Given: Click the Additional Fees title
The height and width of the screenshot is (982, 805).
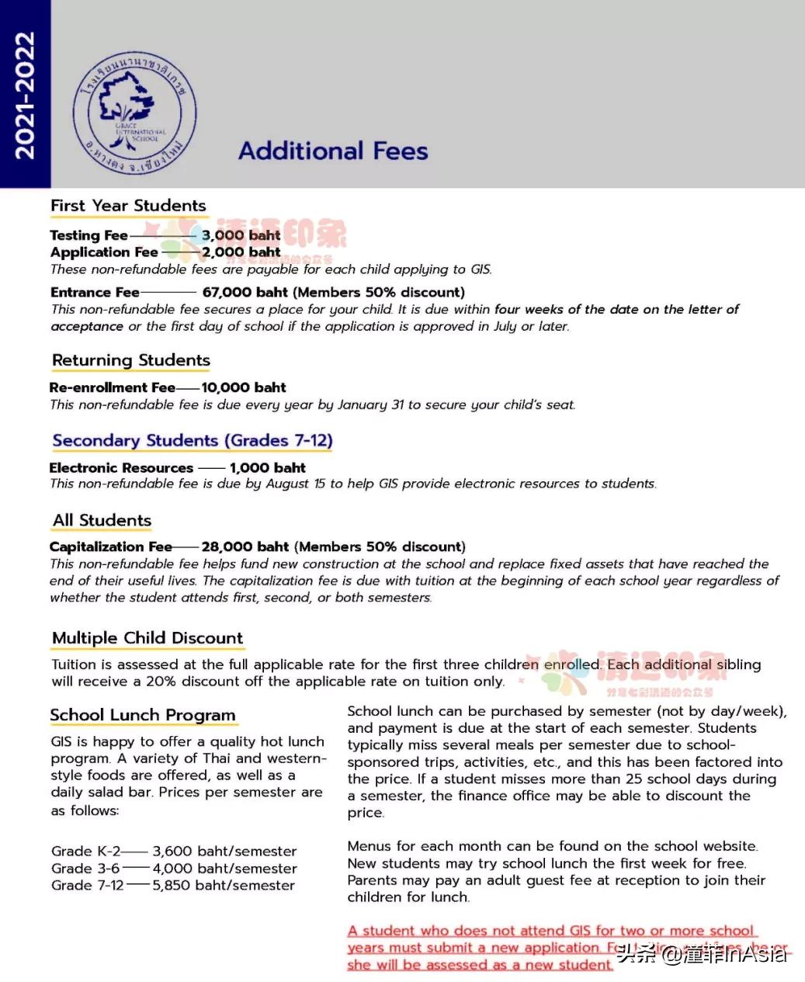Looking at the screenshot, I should (x=333, y=151).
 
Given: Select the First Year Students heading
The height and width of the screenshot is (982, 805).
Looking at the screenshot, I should (x=129, y=206).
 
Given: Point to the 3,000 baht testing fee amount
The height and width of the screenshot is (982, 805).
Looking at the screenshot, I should (x=241, y=235).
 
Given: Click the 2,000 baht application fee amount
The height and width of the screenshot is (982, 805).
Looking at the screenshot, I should (x=241, y=252).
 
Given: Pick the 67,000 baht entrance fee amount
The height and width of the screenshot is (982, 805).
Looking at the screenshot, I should (x=245, y=293).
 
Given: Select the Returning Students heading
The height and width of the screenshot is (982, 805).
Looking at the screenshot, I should (x=131, y=360).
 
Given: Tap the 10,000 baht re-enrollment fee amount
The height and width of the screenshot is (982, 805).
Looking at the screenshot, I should (x=244, y=387).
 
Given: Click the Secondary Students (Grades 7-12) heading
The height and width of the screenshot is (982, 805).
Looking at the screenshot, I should (x=193, y=440).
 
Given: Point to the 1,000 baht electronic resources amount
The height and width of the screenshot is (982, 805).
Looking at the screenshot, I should (x=268, y=467).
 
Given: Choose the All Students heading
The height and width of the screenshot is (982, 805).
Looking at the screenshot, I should (x=102, y=520).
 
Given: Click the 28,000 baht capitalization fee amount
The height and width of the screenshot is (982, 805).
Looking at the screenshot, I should (x=245, y=547).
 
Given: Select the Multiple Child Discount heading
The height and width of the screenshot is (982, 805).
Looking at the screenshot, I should (x=147, y=638).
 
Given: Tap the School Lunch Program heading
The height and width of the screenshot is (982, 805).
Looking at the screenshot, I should (x=143, y=715).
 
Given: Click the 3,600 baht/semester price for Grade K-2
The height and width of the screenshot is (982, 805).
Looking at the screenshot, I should (x=224, y=852).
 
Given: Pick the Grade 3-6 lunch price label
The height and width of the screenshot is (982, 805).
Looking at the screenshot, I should (x=85, y=869).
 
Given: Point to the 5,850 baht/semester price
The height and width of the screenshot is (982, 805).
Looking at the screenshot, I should (x=224, y=886).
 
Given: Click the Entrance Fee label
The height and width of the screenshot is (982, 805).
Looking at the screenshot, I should (x=95, y=293).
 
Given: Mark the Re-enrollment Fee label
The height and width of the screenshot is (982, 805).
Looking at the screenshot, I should (x=112, y=387).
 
